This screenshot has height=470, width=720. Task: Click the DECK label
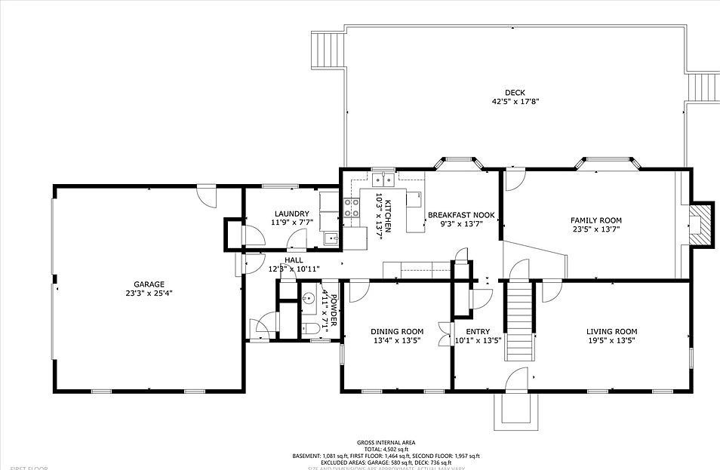click(515, 93)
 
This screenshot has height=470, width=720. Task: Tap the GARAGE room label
click(149, 284)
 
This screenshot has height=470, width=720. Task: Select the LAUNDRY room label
click(291, 214)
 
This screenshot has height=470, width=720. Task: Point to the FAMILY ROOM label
click(595, 220)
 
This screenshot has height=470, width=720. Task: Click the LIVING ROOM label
click(611, 331)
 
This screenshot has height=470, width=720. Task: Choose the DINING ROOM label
click(396, 331)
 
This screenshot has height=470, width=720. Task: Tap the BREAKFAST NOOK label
click(461, 215)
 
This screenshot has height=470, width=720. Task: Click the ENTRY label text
click(478, 331)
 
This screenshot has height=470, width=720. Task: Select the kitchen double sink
click(383, 180)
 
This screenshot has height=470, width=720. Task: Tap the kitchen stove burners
click(352, 207)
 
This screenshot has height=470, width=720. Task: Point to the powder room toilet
click(310, 329)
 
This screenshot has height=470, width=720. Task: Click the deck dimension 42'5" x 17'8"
click(515, 101)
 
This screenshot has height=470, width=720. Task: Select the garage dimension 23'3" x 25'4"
click(149, 293)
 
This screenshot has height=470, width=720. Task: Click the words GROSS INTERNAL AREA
click(386, 443)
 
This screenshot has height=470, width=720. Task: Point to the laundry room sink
click(331, 239)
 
